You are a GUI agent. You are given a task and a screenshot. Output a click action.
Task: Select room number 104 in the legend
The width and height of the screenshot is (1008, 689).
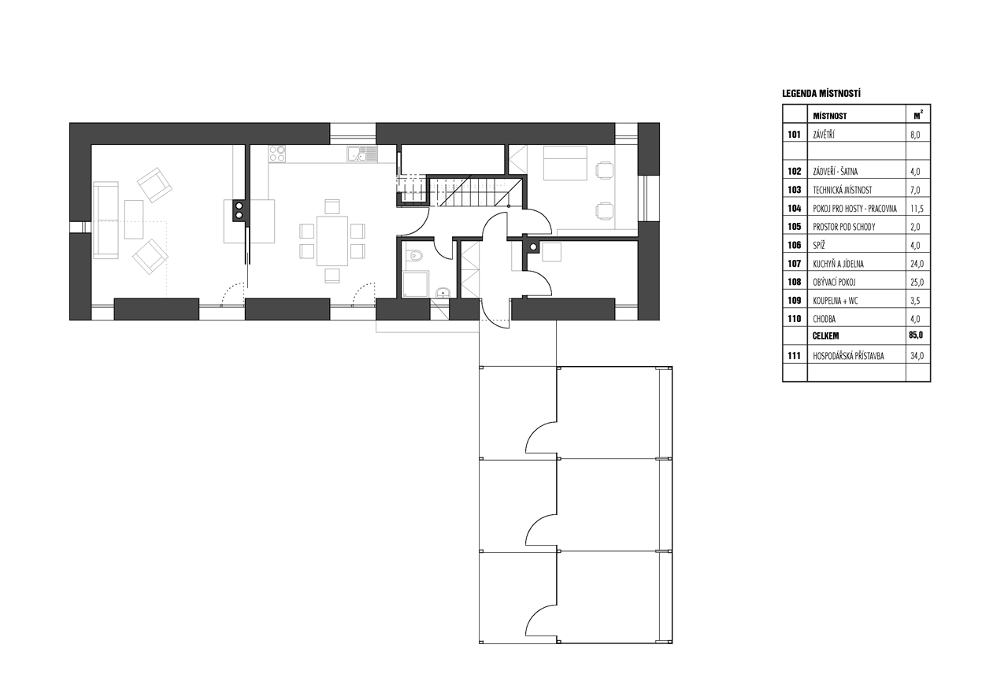coord(794,209)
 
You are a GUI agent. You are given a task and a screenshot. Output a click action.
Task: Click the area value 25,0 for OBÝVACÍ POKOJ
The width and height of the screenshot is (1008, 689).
coord(914,283)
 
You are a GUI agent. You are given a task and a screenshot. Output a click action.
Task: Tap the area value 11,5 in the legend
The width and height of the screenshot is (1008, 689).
coord(913,209)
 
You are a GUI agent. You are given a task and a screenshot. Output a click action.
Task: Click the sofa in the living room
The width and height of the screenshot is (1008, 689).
coord(105,219)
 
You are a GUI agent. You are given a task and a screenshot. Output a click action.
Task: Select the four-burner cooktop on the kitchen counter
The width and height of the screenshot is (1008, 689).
coord(278,154)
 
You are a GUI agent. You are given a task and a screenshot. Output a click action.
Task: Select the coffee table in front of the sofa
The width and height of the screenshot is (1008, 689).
coord(134,220)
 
